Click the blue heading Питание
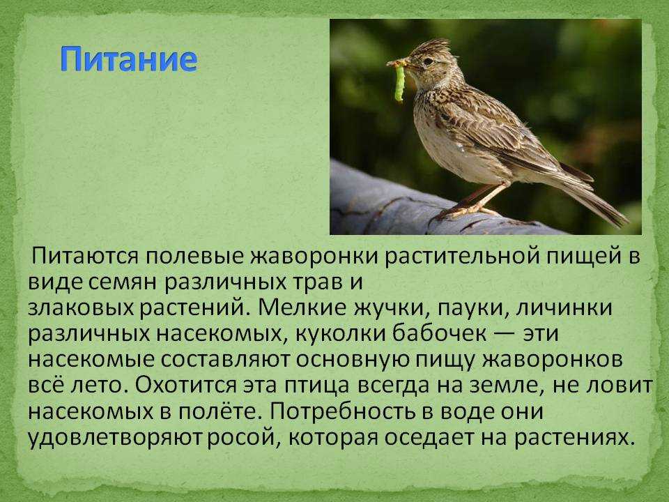[128, 59]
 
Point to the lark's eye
[428, 61]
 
